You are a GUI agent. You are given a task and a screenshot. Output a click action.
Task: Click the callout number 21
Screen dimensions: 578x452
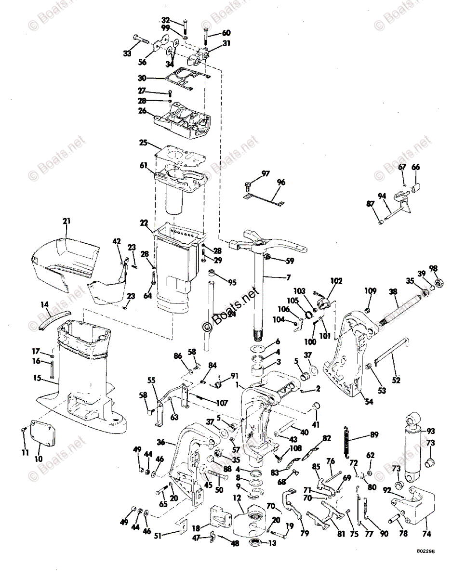tap(66, 221)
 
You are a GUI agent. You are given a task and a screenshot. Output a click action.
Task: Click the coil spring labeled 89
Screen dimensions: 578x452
tap(346, 440)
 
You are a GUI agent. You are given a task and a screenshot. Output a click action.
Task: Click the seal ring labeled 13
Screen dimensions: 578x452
tap(256, 544)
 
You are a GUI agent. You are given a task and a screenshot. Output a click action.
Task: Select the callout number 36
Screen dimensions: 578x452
tap(161, 441)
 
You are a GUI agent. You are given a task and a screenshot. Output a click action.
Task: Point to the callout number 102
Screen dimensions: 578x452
tap(335, 281)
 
